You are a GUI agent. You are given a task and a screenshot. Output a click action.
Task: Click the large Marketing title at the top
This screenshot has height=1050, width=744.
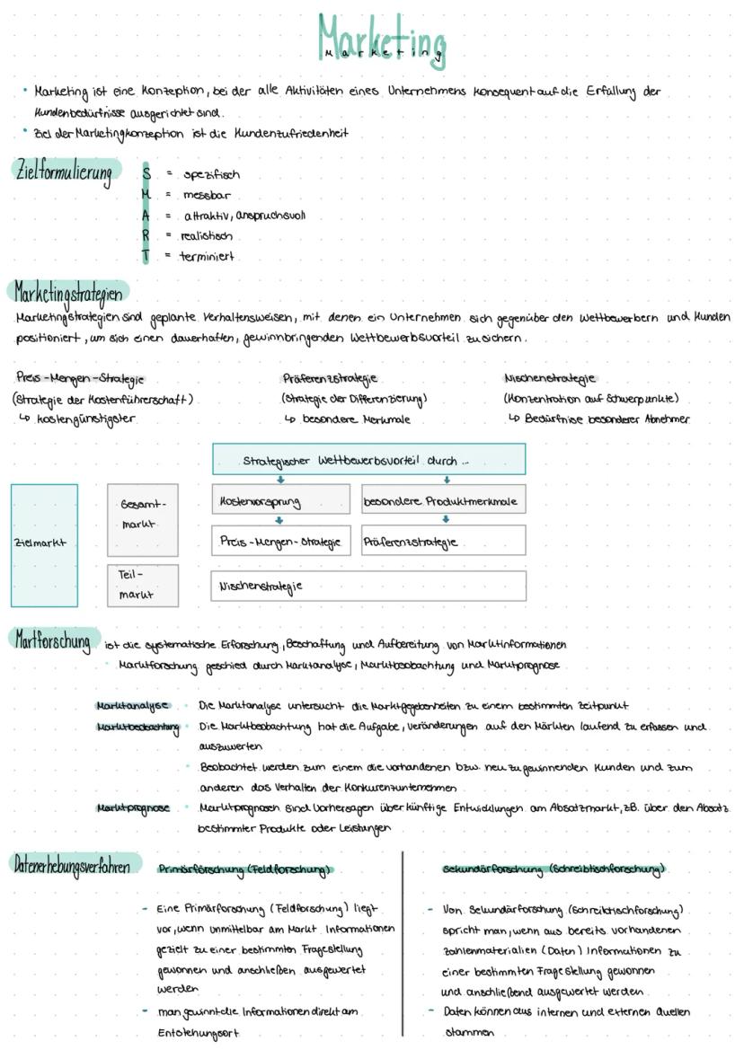point(381,38)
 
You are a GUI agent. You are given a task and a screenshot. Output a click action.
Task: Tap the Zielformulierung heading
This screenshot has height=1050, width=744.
point(65,171)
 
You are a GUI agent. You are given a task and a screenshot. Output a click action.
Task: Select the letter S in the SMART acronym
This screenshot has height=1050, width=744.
point(146,174)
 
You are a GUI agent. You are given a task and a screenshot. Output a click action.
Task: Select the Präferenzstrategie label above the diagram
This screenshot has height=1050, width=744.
point(330,378)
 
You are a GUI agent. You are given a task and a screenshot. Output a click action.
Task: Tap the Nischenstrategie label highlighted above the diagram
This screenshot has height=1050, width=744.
point(551,378)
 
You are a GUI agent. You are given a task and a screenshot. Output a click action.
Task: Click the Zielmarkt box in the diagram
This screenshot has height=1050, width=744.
point(44,544)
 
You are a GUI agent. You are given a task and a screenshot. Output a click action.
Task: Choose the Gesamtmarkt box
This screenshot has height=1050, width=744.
point(143,515)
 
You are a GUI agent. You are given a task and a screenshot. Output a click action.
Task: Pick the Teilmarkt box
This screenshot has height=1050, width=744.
point(143,584)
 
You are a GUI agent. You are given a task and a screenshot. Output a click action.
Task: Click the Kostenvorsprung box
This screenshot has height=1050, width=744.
point(280,500)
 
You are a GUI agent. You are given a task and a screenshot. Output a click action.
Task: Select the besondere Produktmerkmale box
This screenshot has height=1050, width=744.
point(443,500)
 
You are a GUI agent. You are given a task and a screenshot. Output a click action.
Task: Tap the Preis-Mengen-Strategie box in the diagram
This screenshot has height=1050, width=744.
point(280,542)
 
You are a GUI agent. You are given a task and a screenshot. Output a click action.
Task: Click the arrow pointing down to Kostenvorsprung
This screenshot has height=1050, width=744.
point(279,480)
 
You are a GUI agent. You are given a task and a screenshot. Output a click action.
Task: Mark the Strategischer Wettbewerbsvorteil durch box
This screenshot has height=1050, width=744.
point(368,460)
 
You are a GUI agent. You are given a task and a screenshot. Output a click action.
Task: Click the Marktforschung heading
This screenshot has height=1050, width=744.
point(52,640)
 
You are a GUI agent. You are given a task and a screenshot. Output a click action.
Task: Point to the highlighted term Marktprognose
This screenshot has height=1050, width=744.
point(132,807)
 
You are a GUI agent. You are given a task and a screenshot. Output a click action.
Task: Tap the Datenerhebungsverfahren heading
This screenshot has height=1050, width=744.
point(77,865)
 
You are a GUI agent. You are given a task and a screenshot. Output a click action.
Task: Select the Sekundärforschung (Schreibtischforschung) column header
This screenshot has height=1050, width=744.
point(554,869)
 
